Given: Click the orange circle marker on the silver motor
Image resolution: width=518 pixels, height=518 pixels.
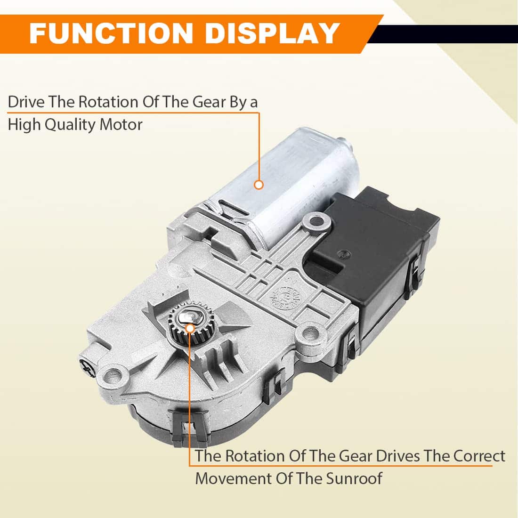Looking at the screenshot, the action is coord(259,185).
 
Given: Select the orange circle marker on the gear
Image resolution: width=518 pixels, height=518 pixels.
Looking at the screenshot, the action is coord(190,328).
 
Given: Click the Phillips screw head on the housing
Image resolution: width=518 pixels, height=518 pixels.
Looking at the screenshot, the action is coord(88,367).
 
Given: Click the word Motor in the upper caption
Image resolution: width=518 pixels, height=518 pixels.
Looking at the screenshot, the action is coord(121,125).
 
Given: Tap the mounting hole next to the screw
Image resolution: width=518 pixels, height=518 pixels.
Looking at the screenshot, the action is coord(113,375).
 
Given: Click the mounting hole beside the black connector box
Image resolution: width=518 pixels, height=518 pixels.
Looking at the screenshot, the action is coord(317,221).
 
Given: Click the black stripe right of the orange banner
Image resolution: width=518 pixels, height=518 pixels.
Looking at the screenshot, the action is coord(443,34).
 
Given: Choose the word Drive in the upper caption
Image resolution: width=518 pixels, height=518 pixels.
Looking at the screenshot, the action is coord(26,102).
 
